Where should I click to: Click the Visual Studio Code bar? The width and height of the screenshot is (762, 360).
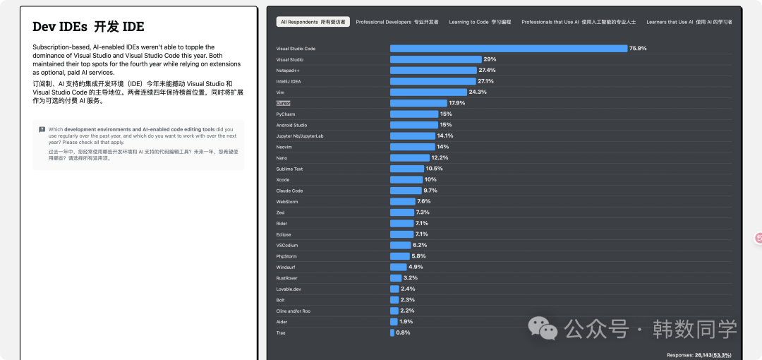point(508,49)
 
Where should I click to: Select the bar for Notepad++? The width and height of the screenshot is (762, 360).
point(433,71)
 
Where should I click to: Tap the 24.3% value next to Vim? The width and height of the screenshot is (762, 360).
point(478,92)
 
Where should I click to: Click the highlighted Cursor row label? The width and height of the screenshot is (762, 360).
point(283,103)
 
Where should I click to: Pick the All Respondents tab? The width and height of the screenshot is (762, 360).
point(313,22)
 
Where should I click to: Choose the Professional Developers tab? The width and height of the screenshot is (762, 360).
point(397,22)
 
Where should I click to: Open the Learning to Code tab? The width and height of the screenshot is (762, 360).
point(479,22)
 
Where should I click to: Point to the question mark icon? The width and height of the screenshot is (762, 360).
point(42,129)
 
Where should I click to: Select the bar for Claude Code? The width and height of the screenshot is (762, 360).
point(406,191)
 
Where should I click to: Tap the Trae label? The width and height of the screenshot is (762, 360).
point(281,332)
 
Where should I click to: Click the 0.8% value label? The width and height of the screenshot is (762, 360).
point(403,332)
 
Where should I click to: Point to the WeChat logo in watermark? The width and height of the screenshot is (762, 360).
point(544,328)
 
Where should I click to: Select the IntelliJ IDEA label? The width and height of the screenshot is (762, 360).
point(288,81)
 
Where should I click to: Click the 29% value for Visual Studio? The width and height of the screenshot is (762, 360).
point(490,59)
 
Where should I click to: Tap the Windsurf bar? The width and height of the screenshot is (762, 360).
point(398,267)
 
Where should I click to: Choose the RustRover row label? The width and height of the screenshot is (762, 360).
point(286,278)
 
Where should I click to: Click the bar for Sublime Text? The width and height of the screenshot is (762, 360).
point(407,169)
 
